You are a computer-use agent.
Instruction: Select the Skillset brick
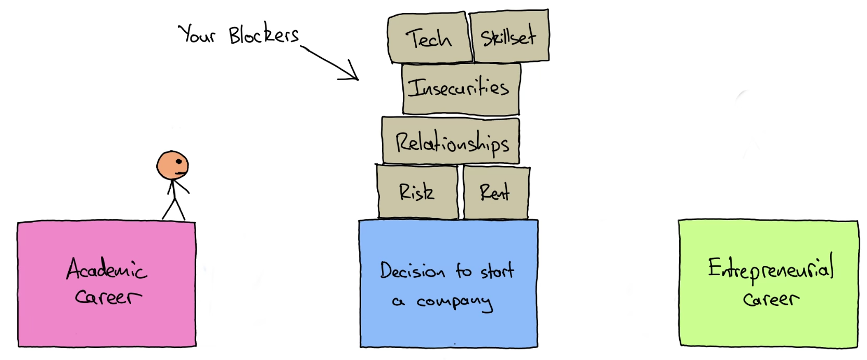coord(508,36)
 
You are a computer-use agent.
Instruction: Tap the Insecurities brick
coord(461,88)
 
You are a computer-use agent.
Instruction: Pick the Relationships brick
coord(451,142)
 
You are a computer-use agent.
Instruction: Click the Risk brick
coord(417,192)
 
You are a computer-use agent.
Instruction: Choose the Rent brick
coord(495,193)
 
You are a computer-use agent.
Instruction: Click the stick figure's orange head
coord(172,165)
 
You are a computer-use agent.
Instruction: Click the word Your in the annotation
coord(197,34)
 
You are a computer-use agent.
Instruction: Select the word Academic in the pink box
coord(107,269)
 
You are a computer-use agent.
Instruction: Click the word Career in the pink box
coord(108,297)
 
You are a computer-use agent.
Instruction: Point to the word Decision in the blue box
coord(412,271)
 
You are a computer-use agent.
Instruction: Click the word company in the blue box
coord(454,302)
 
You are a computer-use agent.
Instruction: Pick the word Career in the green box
coord(771,299)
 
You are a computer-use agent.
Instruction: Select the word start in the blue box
coord(497,271)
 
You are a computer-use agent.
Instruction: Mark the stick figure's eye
coord(180,161)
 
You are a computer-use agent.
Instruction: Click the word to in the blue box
coord(463,270)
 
